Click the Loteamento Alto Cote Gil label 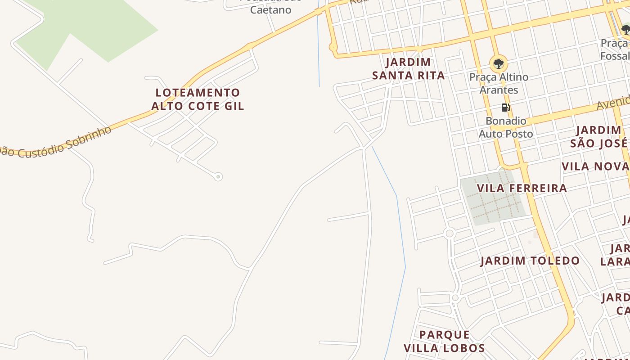coord(198,99)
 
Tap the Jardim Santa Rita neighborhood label coord(408,69)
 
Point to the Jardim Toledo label coord(530,261)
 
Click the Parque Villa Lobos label coord(444,342)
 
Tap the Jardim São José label coord(599,137)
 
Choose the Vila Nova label coord(595,166)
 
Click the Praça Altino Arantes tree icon coord(498,63)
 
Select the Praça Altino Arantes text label coord(499,83)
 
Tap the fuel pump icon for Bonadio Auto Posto coord(505,108)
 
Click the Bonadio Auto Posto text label coord(506,127)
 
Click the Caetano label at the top coord(270,9)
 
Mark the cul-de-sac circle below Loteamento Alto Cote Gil coord(218,177)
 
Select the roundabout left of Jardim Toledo coord(449,233)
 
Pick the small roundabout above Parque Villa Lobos coord(455,298)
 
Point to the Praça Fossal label coord(615,49)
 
